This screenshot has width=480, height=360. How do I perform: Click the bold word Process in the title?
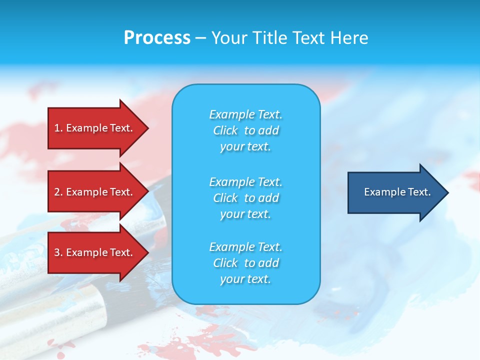click(x=157, y=37)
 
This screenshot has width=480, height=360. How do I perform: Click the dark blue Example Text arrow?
click(x=395, y=192)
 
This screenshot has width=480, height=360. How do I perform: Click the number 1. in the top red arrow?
click(x=58, y=128)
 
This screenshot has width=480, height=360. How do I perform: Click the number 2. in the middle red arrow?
click(x=58, y=192)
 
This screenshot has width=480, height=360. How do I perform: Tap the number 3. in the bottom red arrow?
click(x=58, y=252)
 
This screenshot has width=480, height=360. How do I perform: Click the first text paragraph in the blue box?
click(x=245, y=130)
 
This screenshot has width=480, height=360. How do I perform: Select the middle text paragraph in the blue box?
click(x=245, y=198)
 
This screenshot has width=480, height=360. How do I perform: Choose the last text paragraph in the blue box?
click(x=245, y=263)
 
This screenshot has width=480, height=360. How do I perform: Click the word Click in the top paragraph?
click(x=225, y=130)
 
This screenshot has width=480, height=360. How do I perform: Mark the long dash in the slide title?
click(x=200, y=38)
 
